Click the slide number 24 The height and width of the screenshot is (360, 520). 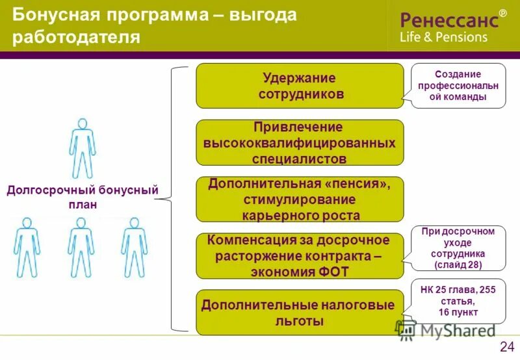pos(507,346)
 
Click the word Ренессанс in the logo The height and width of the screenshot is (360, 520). pos(449,20)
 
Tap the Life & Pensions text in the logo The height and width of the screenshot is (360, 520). pos(443,37)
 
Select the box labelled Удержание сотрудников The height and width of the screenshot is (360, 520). pos(300,86)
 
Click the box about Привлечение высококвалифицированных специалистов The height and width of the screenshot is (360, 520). pos(300,142)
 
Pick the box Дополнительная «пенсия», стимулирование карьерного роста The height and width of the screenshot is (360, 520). pos(300,199)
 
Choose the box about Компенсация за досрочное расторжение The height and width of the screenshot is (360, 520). pos(300,256)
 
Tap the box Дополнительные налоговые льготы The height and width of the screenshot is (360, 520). pos(300,313)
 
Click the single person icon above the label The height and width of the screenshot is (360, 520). pos(82,149)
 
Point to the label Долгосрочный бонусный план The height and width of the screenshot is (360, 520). pos(82,197)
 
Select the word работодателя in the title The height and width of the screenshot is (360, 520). pos(77,36)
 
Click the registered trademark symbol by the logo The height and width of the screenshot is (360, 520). pos(502,13)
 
